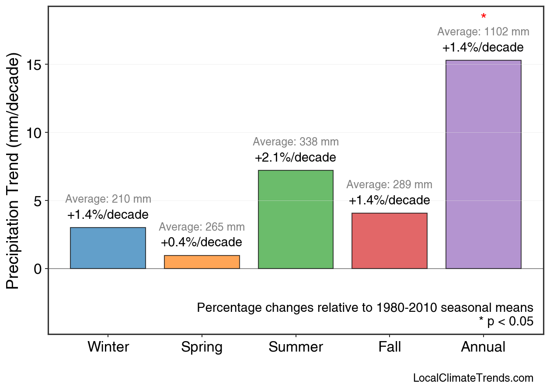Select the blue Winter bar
[x=108, y=248]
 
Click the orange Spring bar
[x=202, y=262]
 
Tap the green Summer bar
[x=296, y=219]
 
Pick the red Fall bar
[x=390, y=241]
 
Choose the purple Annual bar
[x=483, y=164]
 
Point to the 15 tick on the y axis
[x=35, y=65]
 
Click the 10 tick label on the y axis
[x=35, y=133]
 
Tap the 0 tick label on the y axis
[x=38, y=269]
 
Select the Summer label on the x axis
[x=296, y=347]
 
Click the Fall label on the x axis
[x=390, y=347]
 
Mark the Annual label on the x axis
[x=483, y=347]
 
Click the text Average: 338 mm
[x=296, y=142]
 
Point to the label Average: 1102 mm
[x=483, y=32]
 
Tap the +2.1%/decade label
[x=296, y=157]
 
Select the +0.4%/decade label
[x=202, y=242]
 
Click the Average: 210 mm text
[x=108, y=199]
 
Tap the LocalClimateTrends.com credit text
[x=473, y=378]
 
